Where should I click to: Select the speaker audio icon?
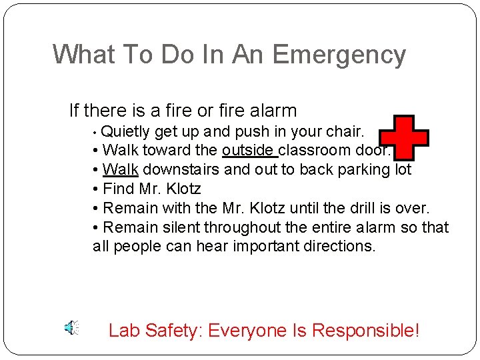click(71, 328)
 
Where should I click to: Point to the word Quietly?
click(126, 131)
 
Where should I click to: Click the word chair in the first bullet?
click(344, 131)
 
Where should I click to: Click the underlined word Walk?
click(121, 169)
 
